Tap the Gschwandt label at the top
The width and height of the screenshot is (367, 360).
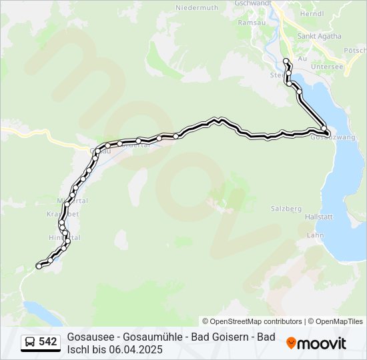(254, 3)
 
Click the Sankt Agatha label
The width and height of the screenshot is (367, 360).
(319, 36)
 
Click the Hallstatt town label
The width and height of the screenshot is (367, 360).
(318, 217)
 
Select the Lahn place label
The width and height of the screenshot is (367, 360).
(315, 235)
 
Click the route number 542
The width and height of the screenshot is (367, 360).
(48, 342)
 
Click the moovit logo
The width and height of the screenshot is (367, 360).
(316, 343)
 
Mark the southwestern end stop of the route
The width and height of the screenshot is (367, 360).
(39, 266)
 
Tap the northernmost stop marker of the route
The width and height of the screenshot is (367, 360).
(286, 61)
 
